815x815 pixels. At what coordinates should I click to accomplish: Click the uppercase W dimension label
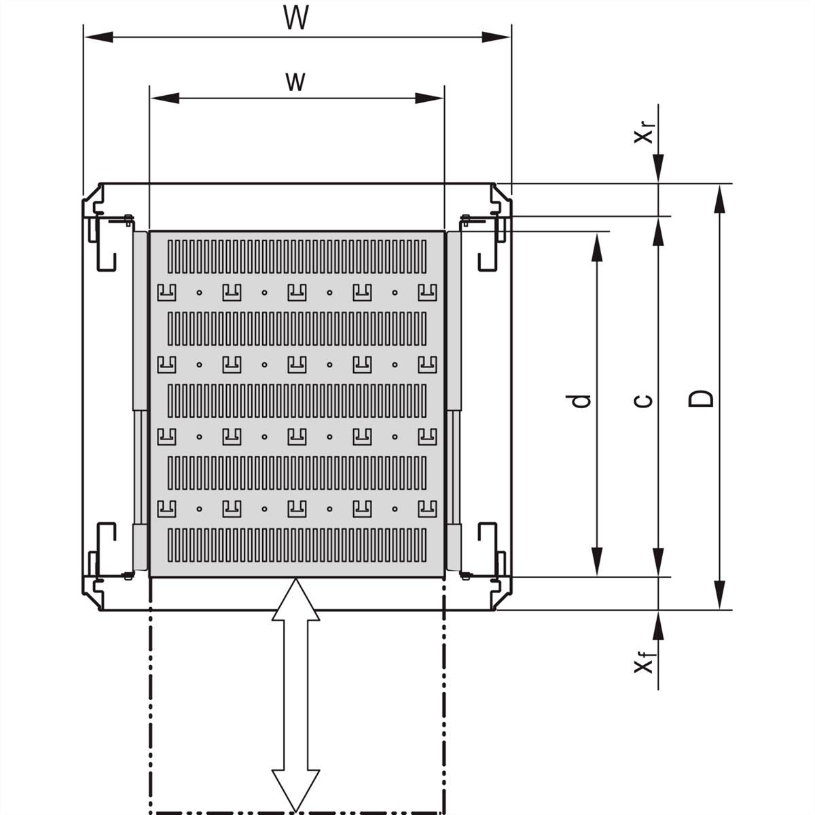coord(296,18)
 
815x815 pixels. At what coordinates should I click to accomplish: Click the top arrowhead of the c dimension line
coord(658,231)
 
